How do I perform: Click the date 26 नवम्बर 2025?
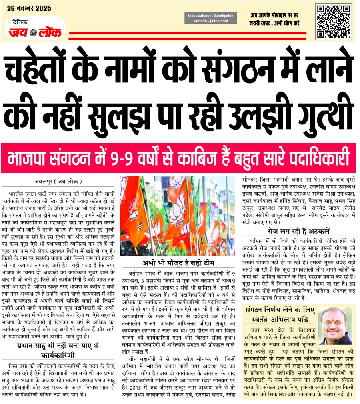tap(30, 8)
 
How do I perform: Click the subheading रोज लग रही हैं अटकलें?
tap(298, 231)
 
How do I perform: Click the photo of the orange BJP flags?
tap(178, 216)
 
